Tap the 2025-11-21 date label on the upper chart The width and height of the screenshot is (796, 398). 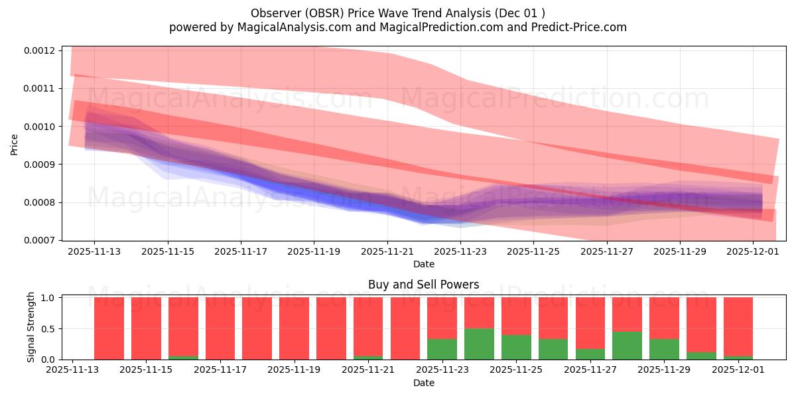tap(387, 251)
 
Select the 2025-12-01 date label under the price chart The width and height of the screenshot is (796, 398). tap(753, 251)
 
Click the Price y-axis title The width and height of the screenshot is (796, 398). tap(15, 144)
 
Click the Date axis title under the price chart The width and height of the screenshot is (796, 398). tap(424, 264)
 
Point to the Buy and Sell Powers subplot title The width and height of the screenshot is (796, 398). tap(424, 285)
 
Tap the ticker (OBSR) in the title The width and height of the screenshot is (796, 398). tap(326, 13)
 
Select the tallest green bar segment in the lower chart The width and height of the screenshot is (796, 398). tap(479, 344)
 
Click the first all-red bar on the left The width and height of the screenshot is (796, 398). tap(109, 328)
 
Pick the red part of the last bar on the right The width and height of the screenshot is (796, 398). tap(738, 325)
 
